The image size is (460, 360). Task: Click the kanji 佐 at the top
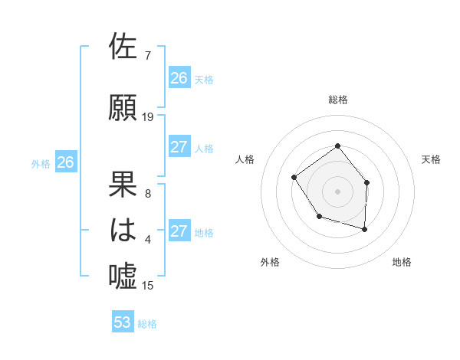pos(124,47)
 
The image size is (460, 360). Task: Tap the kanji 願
pos(124,107)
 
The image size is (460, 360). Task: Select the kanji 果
pos(124,184)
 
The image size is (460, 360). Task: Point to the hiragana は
pos(124,230)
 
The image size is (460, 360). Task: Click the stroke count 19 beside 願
pos(148,117)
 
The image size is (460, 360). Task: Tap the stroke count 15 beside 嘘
pos(148,286)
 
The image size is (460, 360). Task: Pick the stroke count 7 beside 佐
pos(147,56)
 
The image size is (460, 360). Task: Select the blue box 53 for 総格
pos(123,322)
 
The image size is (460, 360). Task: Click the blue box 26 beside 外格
pos(66,162)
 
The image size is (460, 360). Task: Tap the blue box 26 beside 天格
pos(179,78)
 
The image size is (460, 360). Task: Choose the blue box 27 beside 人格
pos(179,147)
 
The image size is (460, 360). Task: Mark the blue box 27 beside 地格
pos(179,231)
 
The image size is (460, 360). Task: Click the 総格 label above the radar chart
pos(337,100)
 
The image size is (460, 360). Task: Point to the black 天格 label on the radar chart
pos(431,159)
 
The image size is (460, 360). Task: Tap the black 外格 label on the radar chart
pos(270,262)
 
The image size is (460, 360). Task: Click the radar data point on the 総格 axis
pos(337,146)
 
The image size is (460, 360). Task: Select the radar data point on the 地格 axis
pos(365,229)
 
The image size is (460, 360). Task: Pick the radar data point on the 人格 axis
pos(294,178)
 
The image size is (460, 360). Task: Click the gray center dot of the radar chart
pos(337,191)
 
